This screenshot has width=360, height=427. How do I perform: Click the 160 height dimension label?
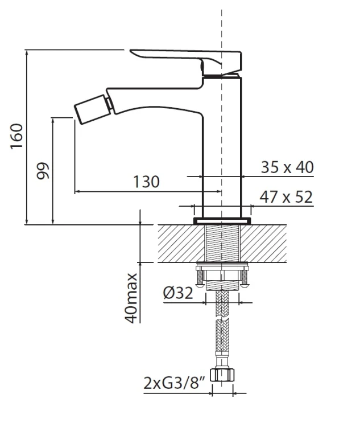[x=16, y=136]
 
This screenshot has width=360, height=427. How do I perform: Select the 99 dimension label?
[x=43, y=171]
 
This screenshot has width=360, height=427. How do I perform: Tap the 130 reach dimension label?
[x=146, y=182]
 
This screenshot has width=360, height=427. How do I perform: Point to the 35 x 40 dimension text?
[x=287, y=167]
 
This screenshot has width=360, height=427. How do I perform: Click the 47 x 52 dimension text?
[x=286, y=197]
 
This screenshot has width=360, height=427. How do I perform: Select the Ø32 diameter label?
[x=178, y=293]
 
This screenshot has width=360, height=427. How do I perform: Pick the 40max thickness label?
[x=131, y=298]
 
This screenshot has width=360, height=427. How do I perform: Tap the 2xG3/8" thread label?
[x=174, y=383]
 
